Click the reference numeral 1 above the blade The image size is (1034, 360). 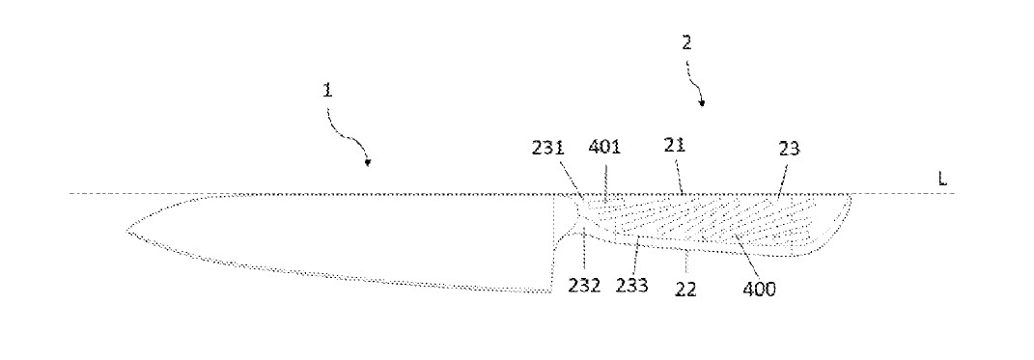[327, 90]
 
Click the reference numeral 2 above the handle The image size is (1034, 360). [686, 42]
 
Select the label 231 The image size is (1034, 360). [548, 149]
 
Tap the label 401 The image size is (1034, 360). [604, 147]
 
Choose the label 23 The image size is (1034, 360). [789, 149]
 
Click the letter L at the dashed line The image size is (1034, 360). [942, 179]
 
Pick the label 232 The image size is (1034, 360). [585, 286]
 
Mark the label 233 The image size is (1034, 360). [631, 286]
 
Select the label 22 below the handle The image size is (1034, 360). [685, 289]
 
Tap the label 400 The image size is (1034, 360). [759, 289]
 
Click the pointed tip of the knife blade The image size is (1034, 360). [127, 231]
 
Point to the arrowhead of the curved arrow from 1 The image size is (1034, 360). [368, 162]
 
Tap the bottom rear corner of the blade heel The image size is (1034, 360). [550, 291]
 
